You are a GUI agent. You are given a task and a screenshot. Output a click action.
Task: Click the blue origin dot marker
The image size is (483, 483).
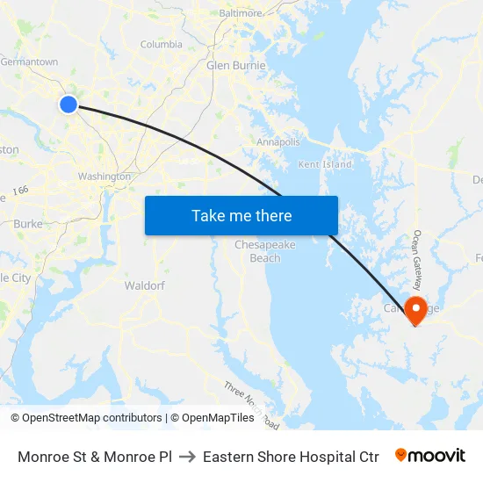[68, 105]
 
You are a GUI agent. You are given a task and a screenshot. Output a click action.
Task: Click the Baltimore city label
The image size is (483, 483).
[241, 14]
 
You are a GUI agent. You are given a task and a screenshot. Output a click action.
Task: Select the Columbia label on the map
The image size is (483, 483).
[162, 44]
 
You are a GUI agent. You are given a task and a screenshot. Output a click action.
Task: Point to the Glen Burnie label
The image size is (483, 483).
[235, 65]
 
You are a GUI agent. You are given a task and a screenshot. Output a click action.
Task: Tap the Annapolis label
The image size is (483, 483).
[278, 141]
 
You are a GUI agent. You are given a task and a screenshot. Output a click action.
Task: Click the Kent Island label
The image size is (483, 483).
[325, 164]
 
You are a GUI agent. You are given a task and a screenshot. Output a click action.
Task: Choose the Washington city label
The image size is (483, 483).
[104, 177]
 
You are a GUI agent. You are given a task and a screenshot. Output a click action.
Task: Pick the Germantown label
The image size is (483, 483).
[29, 62]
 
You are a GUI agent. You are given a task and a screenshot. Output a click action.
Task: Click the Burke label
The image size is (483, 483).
[28, 224]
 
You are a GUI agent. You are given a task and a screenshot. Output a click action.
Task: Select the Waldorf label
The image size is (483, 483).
[145, 285]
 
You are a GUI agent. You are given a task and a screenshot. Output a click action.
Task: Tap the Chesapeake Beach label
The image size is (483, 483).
[264, 251]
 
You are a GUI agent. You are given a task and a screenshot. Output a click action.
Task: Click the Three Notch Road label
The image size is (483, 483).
[251, 405]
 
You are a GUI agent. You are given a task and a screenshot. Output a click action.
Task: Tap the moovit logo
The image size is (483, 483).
[430, 456]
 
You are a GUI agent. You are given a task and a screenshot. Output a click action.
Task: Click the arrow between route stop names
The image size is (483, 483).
[187, 457]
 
